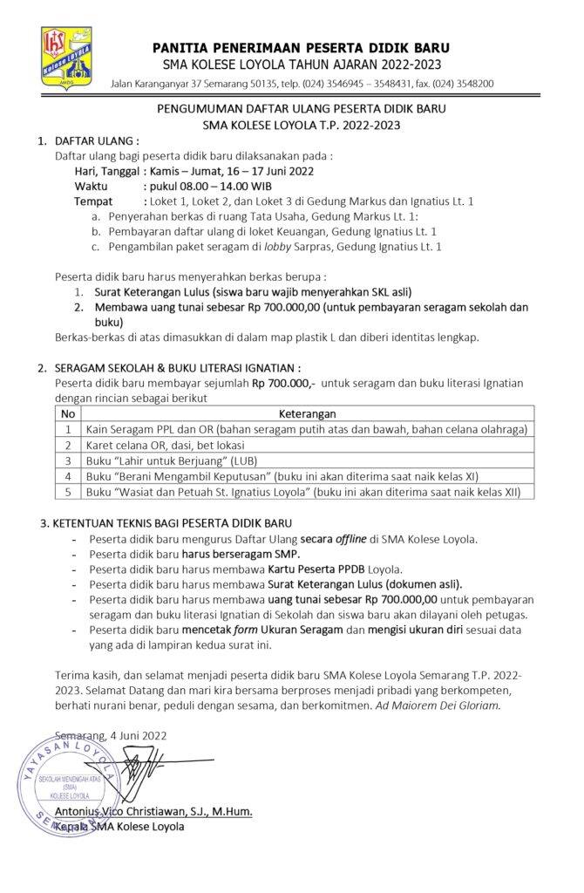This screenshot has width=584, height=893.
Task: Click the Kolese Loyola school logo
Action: [67, 56]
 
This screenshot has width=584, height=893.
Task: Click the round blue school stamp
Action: [65, 784]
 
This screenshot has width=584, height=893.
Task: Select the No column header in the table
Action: [68, 413]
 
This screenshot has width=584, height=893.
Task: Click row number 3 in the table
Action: [68, 460]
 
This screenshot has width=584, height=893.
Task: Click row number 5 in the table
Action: [68, 492]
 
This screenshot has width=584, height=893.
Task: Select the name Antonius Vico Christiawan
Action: [133, 812]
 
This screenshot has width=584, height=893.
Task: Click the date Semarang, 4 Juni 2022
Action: [111, 735]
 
